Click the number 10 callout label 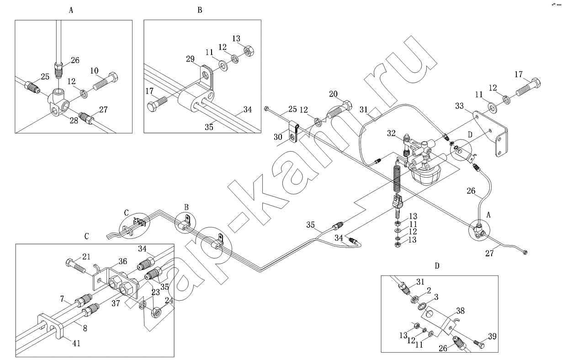tap(95, 71)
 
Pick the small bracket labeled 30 tap(294, 132)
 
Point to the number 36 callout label tap(122, 261)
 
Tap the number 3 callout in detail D tap(436, 297)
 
